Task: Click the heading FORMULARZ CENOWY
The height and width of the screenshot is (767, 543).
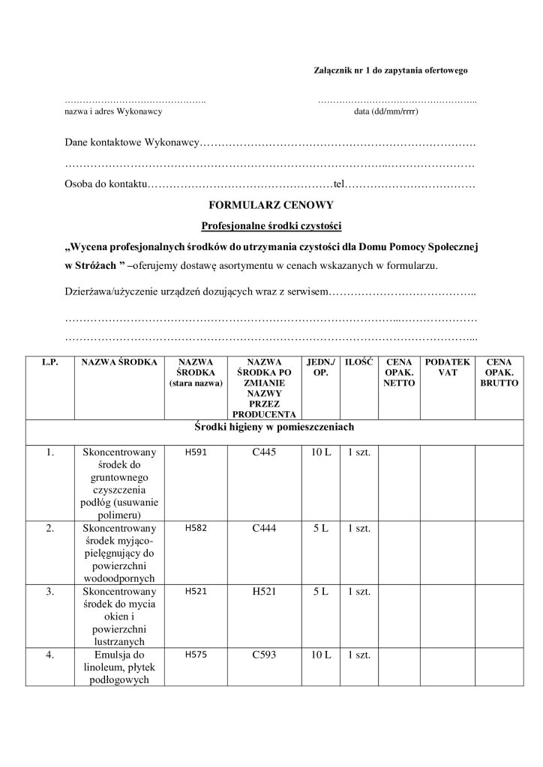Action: point(271,204)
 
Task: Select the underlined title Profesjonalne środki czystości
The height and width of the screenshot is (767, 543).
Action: point(271,225)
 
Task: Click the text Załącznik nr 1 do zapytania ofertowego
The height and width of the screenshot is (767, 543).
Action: point(389,70)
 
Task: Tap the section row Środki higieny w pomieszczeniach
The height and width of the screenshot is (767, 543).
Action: point(271,428)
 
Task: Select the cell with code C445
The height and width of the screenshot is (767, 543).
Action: point(265,452)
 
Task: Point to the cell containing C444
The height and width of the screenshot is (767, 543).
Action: point(265,528)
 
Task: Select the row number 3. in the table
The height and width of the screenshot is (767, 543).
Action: point(49,592)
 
